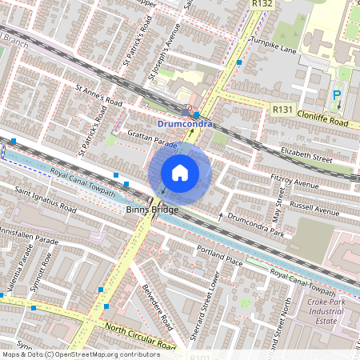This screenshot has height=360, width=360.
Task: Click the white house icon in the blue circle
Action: pos(180,173)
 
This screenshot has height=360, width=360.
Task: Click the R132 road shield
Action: pos(262,4)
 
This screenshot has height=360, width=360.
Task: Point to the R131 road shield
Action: pos(282,109)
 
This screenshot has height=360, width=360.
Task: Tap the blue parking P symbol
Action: pos(337,95)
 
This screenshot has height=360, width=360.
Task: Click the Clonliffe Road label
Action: pos(322,122)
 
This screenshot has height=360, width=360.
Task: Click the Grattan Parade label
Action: pos(151,143)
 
